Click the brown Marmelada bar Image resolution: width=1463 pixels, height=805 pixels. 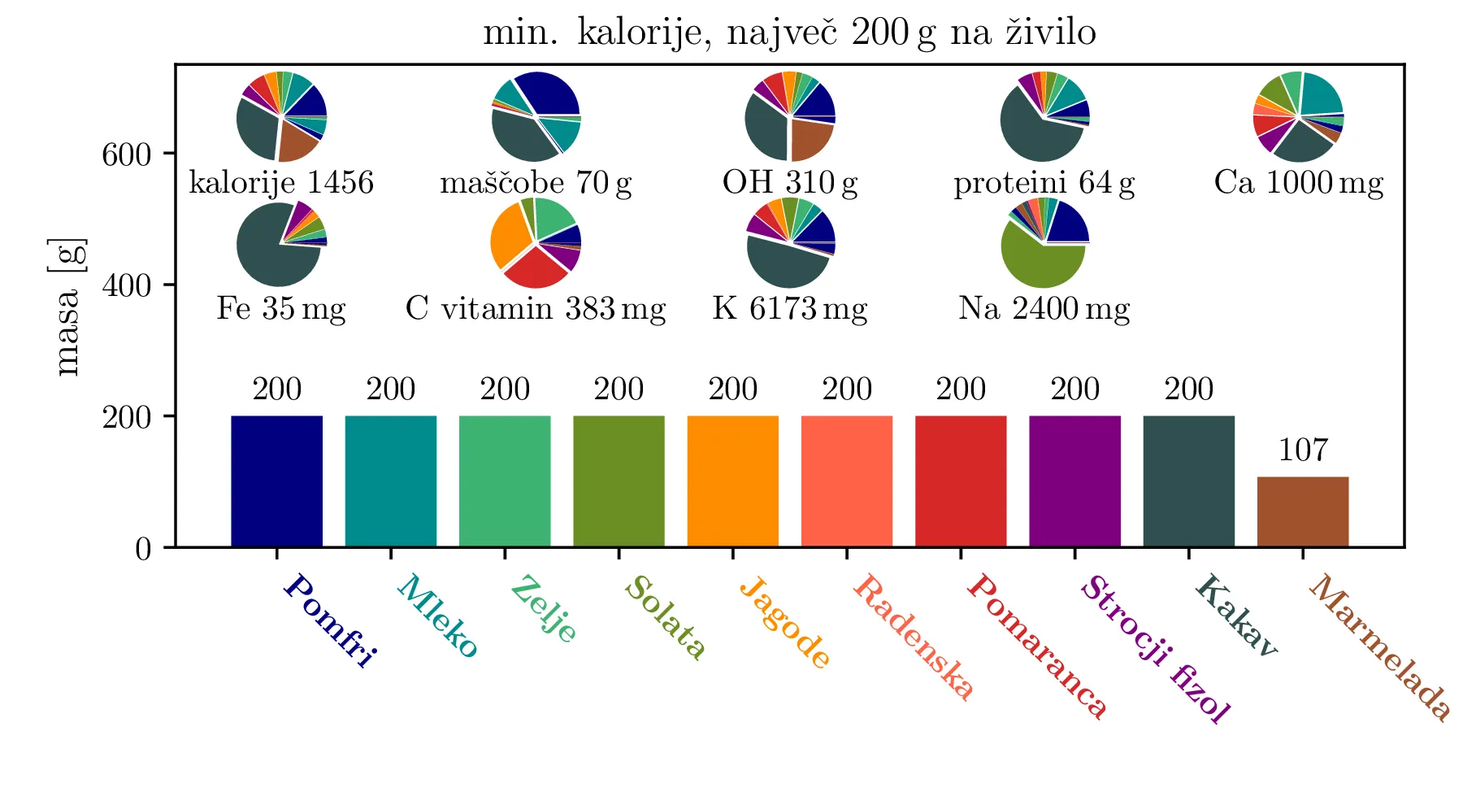click(x=1302, y=511)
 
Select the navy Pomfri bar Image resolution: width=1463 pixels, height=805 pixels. click(x=276, y=481)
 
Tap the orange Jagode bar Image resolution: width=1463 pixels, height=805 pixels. click(x=732, y=481)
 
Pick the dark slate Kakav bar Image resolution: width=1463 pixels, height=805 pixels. click(x=1188, y=481)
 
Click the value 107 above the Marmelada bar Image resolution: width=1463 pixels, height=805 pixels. click(x=1303, y=450)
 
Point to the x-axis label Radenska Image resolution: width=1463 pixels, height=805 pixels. click(x=912, y=637)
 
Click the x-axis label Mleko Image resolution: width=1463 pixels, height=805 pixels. click(x=436, y=616)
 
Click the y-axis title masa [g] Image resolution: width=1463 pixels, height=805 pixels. click(x=68, y=307)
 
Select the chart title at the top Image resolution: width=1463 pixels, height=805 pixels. click(x=789, y=33)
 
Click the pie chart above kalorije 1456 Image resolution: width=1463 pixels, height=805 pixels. click(x=281, y=117)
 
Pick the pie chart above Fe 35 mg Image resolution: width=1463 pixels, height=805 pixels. click(x=281, y=244)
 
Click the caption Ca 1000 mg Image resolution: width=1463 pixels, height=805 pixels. click(x=1298, y=182)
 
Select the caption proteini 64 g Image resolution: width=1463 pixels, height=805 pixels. click(x=1044, y=183)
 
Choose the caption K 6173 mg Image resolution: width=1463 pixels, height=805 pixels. click(x=790, y=309)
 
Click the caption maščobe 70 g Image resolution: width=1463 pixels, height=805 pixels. click(x=536, y=183)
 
